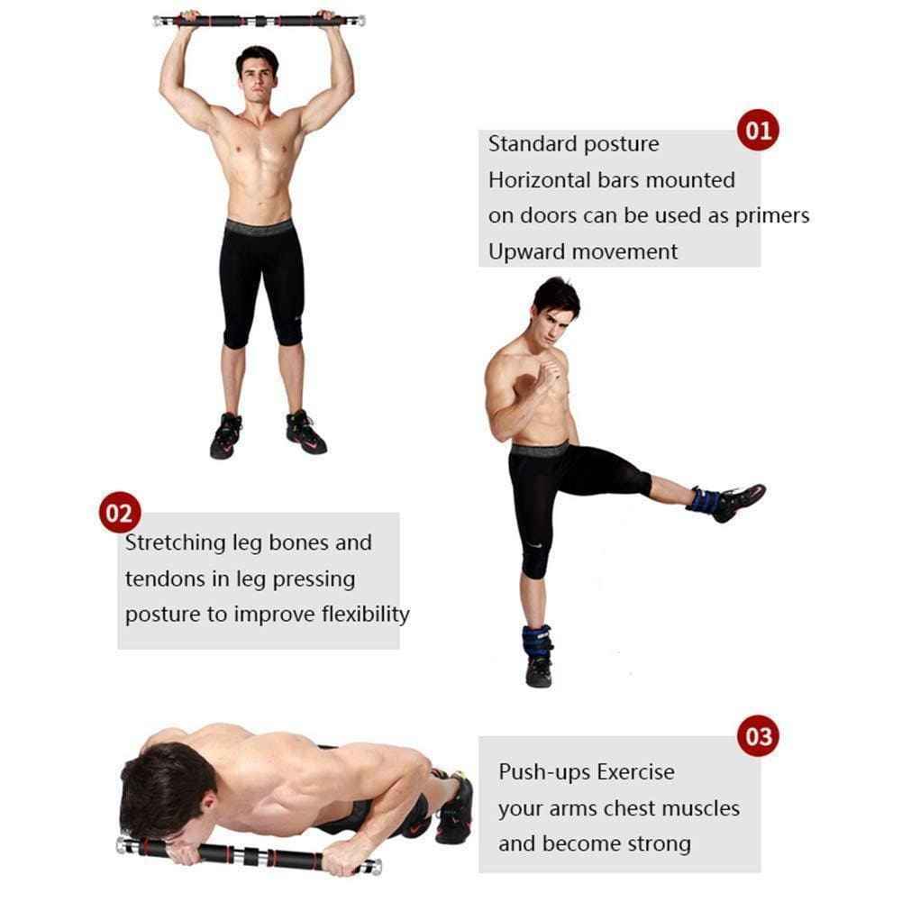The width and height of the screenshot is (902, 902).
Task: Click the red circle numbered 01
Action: coord(758,130)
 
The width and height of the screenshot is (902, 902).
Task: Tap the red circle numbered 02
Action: coord(120,512)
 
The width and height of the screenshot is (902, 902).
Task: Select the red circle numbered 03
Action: coord(758,736)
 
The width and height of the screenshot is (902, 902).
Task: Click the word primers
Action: coord(772,217)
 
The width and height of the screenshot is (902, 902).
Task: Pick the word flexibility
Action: coord(365,615)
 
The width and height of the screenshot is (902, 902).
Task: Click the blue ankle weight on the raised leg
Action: coord(704,499)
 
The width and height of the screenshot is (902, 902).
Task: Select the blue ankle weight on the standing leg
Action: coord(537,642)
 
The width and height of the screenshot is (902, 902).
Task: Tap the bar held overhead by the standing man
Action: coord(259,22)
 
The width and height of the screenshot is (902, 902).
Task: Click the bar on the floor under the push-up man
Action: coord(249,855)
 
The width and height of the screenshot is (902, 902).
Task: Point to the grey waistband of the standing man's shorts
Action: coord(259,227)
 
